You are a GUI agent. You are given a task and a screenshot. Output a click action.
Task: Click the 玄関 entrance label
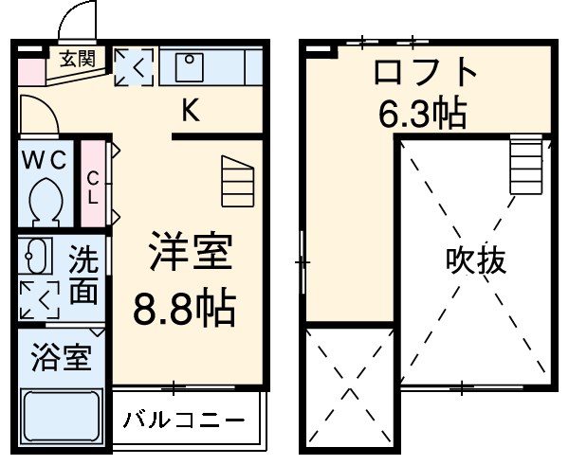click(78, 59)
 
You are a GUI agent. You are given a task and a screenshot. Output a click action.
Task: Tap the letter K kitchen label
click(191, 113)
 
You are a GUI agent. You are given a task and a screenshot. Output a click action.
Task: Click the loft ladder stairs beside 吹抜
click(525, 165)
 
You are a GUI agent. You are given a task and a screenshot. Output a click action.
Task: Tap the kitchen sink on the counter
click(190, 66)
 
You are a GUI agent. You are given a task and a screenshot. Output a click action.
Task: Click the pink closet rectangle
click(93, 184)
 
